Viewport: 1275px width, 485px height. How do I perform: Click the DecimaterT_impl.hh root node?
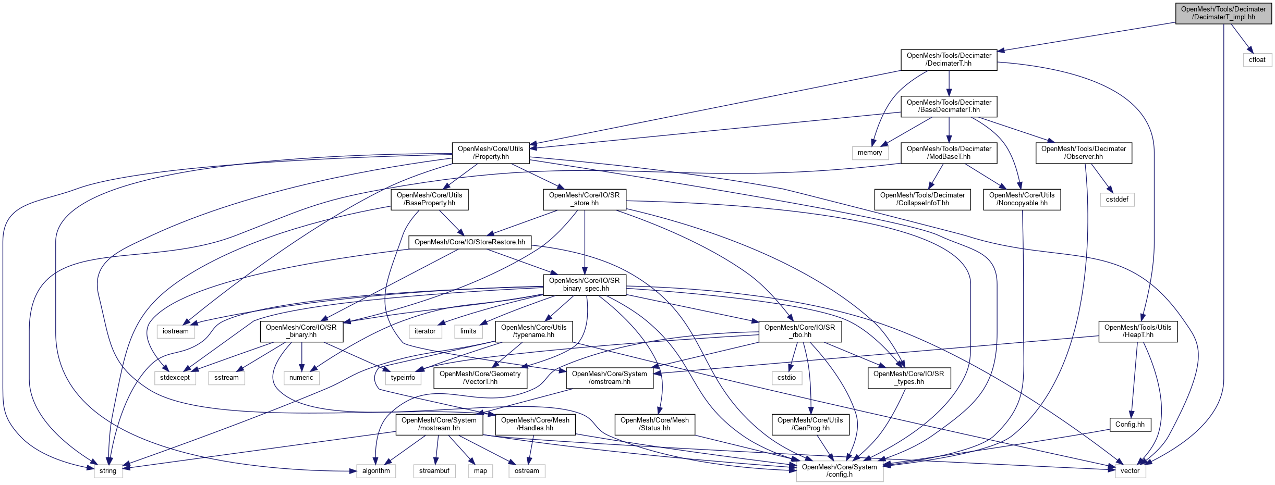coord(1223,13)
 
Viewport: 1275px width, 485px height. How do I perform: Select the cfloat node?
coord(1257,59)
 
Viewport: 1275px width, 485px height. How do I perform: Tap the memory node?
coord(869,153)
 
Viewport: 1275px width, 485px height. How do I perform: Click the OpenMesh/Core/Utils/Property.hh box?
coord(490,153)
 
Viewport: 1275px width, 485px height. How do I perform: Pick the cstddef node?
coord(1117,199)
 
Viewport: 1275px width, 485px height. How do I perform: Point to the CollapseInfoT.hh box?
coord(922,199)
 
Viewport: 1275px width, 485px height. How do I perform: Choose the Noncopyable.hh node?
coord(1022,199)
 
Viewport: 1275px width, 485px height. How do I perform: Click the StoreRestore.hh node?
coord(469,242)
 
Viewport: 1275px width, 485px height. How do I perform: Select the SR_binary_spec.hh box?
coord(584,284)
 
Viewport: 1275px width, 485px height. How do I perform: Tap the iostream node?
coord(175,331)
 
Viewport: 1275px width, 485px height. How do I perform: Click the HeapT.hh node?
coord(1137,331)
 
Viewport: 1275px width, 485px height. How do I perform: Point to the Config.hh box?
coord(1130,424)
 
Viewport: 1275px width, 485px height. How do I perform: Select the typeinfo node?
coord(403,377)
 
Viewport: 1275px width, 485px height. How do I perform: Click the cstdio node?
coord(786,377)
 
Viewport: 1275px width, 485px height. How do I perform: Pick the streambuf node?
coord(434,470)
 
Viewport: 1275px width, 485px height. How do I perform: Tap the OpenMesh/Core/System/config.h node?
coord(839,470)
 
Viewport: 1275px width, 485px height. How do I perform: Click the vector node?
coord(1130,470)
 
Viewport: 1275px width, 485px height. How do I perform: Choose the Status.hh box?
coord(654,424)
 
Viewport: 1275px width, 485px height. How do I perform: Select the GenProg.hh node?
coord(810,424)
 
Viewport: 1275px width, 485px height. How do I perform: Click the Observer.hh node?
coord(1083,153)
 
